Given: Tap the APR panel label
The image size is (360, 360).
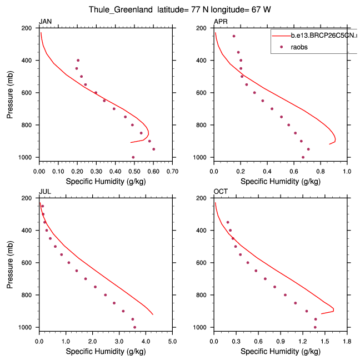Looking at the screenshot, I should click(221, 22).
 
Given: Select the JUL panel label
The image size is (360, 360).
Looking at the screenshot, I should click(44, 192).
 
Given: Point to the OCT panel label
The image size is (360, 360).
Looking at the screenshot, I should click(221, 192).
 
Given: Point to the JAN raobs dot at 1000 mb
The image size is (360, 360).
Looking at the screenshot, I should click(133, 157).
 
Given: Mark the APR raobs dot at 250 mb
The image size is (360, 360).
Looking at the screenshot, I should click(234, 36).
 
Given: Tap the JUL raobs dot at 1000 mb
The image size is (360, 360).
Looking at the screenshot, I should click(134, 327).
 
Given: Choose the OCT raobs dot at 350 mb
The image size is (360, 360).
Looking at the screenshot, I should click(228, 222).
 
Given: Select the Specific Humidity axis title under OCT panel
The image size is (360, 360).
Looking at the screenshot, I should click(281, 351).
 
